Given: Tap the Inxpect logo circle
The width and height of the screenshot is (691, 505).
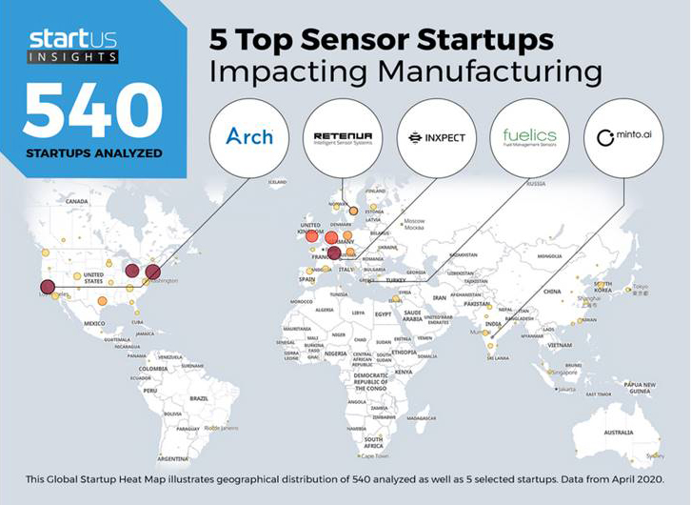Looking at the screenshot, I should (x=435, y=136).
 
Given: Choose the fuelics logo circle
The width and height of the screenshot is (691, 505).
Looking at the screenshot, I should (x=529, y=136).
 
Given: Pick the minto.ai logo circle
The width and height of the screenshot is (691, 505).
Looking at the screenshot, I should (x=623, y=136).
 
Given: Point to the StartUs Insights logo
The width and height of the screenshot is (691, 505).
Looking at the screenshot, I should (x=73, y=44).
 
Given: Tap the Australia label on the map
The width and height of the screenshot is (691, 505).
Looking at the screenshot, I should (x=618, y=433).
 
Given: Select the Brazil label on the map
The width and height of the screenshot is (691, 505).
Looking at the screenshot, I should (x=200, y=397).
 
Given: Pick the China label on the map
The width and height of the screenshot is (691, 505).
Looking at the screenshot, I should (x=552, y=292).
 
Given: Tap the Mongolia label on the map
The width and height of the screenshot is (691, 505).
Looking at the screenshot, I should (x=549, y=255).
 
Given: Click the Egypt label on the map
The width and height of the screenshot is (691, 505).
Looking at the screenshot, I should (x=384, y=313).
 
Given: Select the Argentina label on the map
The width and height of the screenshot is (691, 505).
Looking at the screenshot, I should (x=174, y=457).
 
